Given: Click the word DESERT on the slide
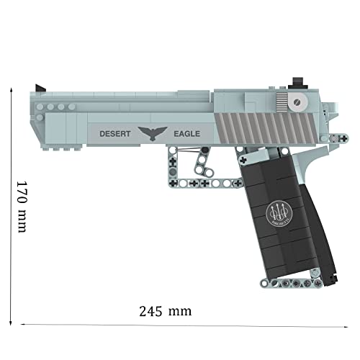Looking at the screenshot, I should [114, 133].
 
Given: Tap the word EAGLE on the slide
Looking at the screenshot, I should [186, 133].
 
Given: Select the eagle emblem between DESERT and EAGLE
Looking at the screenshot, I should [151, 132].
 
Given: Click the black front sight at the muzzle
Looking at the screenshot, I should [42, 88].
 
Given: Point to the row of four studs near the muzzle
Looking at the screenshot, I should [55, 107].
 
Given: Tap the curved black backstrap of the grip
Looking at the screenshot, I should [323, 216].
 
